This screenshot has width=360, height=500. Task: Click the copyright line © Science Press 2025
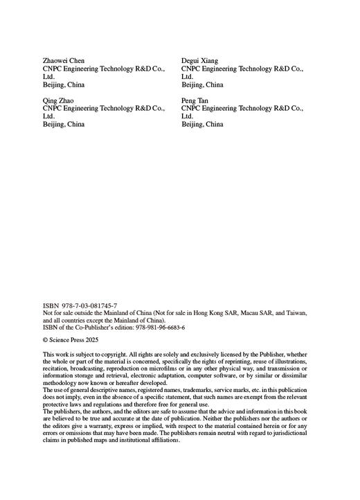click(71, 341)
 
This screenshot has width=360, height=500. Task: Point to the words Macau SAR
click(247, 313)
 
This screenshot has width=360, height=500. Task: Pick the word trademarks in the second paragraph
click(195, 391)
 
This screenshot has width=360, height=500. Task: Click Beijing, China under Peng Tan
click(203, 125)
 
